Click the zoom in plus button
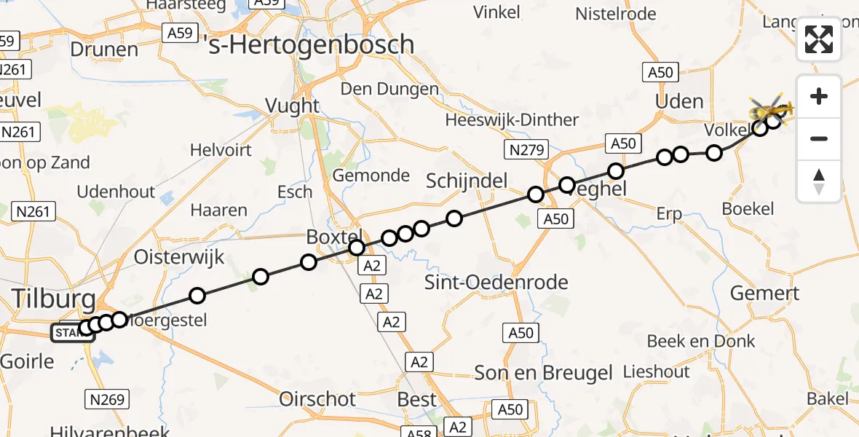point(819,96)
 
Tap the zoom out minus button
point(819,138)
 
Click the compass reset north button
point(819,181)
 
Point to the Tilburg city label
point(54,299)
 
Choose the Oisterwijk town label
point(179,257)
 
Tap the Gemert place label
point(764,293)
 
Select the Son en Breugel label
point(543,374)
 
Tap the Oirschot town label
point(318,399)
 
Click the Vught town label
point(292,106)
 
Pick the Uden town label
point(679,101)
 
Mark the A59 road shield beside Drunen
point(178,33)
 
